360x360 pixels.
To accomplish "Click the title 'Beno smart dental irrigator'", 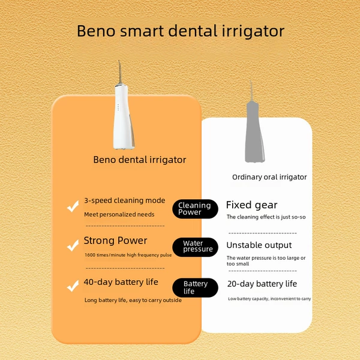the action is click(x=181, y=31).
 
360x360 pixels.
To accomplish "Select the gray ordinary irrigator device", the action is click(x=254, y=128).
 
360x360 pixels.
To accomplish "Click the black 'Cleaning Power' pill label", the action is click(x=195, y=209).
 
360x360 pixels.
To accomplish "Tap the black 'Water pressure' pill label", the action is click(x=195, y=247).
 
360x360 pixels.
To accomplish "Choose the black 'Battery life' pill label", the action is click(x=195, y=287).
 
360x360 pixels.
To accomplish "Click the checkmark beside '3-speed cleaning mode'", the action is click(x=73, y=206).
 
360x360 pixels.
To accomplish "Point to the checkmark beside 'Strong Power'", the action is click(x=73, y=245).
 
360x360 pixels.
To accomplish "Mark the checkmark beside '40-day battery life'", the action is click(x=73, y=286).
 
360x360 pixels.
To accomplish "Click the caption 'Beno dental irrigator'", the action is click(x=140, y=160).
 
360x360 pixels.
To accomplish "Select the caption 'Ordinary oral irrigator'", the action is click(x=269, y=177).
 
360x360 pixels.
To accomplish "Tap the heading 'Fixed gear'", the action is click(x=251, y=205).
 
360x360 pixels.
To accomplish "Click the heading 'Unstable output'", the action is click(x=259, y=245).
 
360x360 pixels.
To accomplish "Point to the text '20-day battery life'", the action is click(x=262, y=284).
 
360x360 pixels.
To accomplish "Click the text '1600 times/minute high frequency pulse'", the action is click(x=128, y=255).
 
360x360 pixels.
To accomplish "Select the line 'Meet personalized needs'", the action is click(x=119, y=214).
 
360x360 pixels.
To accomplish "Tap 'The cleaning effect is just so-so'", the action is click(x=266, y=217).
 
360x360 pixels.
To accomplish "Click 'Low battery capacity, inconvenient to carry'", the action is click(x=269, y=299).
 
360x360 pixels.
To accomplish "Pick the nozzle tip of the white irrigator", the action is click(x=119, y=61).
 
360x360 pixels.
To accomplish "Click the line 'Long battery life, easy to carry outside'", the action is click(x=133, y=301).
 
